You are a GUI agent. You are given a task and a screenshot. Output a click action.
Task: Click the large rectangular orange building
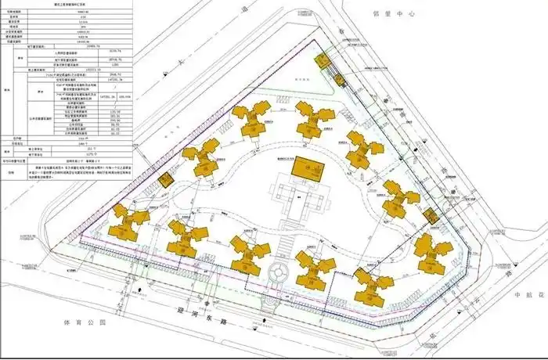pos(307,167)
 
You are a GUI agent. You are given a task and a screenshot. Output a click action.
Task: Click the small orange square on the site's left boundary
pos(165,179)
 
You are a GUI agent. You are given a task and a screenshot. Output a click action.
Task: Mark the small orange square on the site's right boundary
pos(428,214)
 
